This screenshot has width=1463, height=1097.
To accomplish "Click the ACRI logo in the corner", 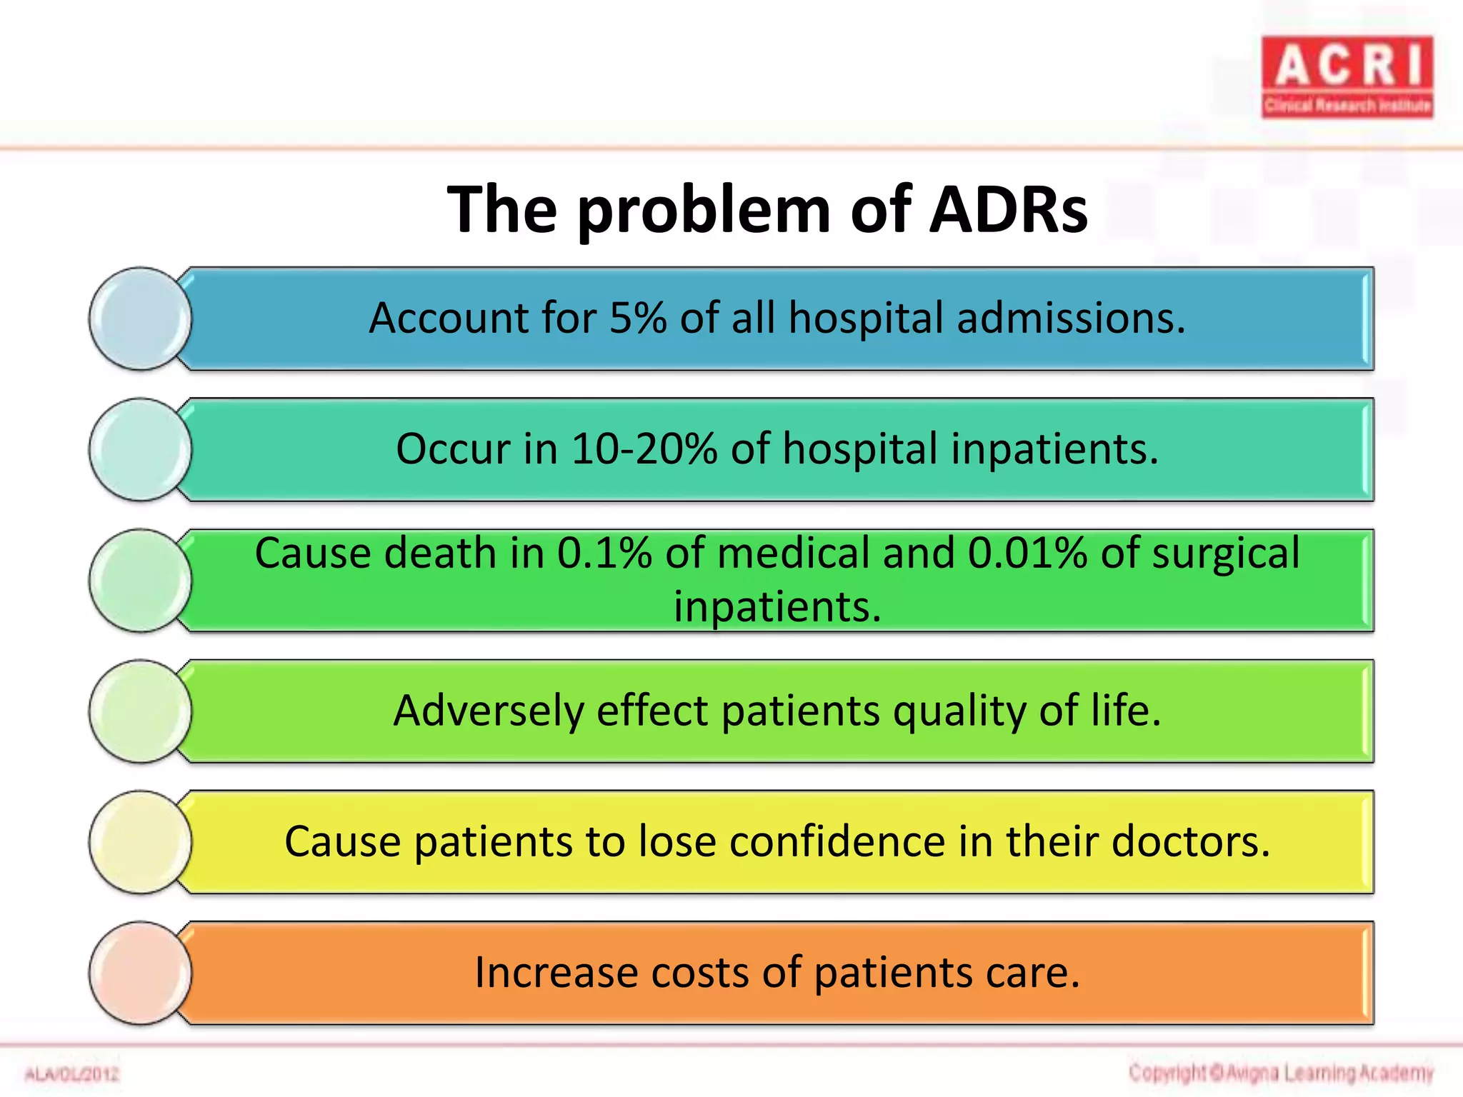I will (1347, 76).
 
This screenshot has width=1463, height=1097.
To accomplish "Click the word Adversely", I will (489, 711).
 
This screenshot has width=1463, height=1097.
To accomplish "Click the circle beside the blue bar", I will (140, 319).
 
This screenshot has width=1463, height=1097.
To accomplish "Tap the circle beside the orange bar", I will (140, 973).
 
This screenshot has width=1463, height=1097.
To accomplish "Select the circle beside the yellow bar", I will (140, 842).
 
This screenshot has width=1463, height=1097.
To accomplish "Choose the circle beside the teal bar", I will (140, 449).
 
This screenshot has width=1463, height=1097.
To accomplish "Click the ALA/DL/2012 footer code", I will (71, 1074).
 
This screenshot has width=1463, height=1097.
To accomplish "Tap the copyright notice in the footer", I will (1281, 1073).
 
